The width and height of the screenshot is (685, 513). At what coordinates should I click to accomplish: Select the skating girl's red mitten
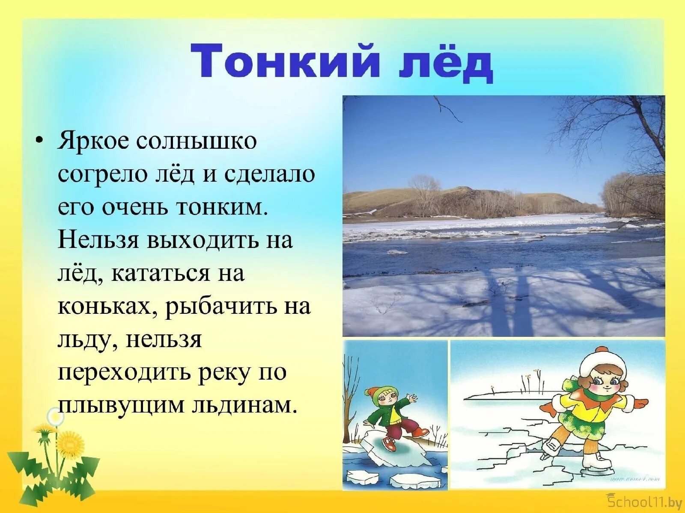pyautogui.click(x=640, y=404)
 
